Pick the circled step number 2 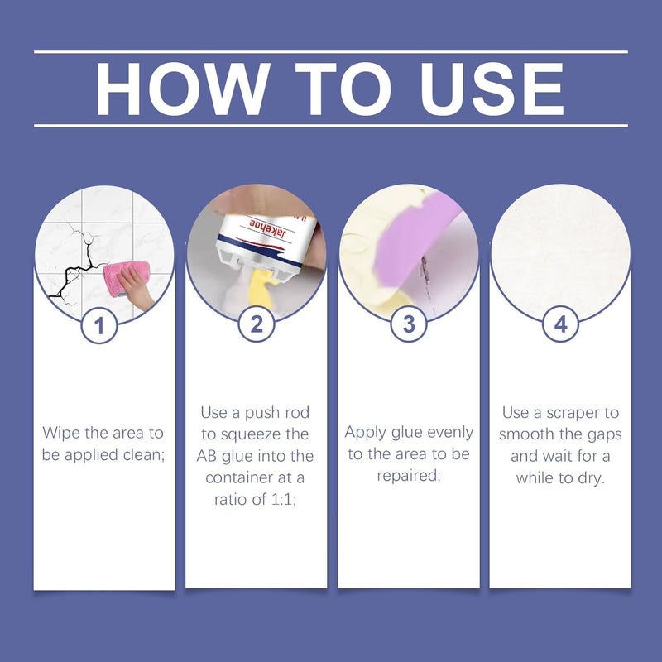[256, 324]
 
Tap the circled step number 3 [409, 324]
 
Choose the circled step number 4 [561, 324]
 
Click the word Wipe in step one [61, 433]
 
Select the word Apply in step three [366, 433]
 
